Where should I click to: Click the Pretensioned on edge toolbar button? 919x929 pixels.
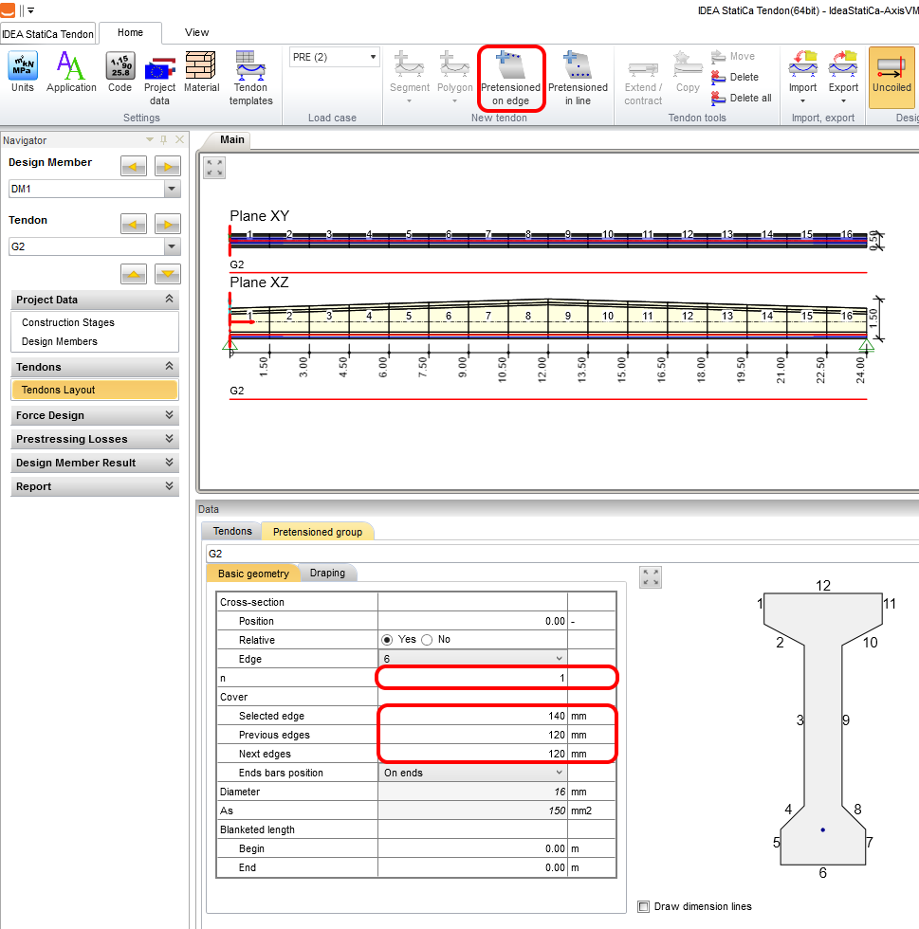510,78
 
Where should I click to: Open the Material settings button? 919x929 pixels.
202,72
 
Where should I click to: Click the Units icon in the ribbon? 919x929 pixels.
23,72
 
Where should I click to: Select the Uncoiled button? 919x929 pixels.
891,78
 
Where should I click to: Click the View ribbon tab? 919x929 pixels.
196,32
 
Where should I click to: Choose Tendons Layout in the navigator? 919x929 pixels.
94,390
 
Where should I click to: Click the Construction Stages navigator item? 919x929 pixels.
68,322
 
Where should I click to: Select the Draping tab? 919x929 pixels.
327,573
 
